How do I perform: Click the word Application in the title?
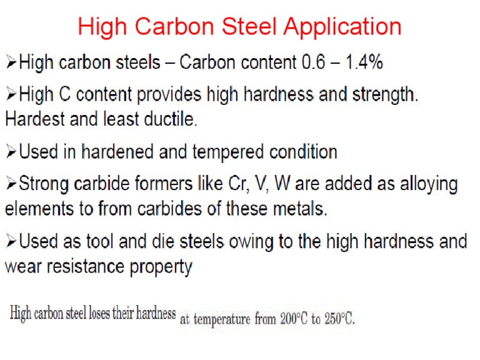coord(342,27)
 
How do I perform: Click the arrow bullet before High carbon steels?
coord(11,62)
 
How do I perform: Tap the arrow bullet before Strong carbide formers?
coord(11,185)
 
